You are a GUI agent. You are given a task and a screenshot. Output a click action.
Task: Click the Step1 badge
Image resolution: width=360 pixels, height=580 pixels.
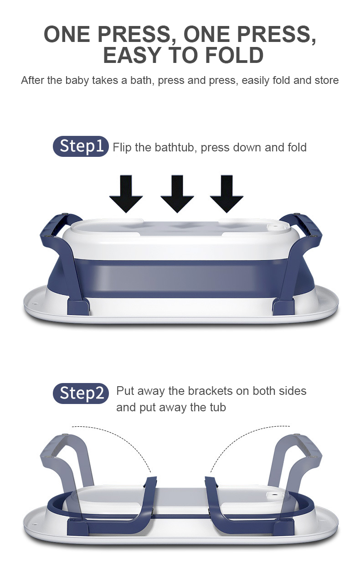[x=81, y=146]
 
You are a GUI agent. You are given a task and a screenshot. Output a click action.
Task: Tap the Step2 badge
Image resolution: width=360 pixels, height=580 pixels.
[x=81, y=394]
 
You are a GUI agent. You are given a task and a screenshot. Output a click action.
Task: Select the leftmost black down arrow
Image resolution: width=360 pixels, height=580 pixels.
[x=126, y=194]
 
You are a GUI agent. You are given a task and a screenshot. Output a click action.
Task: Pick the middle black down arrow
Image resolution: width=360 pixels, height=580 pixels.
[x=177, y=194]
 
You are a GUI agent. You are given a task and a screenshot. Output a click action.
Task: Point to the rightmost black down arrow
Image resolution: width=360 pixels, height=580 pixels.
[x=226, y=194]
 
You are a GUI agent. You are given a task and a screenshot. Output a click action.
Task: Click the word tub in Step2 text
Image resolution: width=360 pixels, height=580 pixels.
[x=218, y=407]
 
